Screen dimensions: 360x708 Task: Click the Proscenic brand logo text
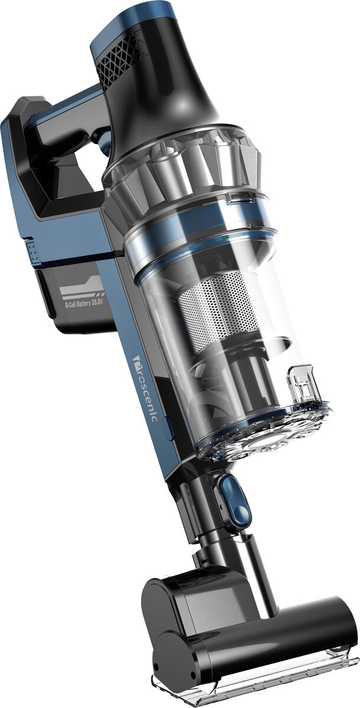[145, 388]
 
